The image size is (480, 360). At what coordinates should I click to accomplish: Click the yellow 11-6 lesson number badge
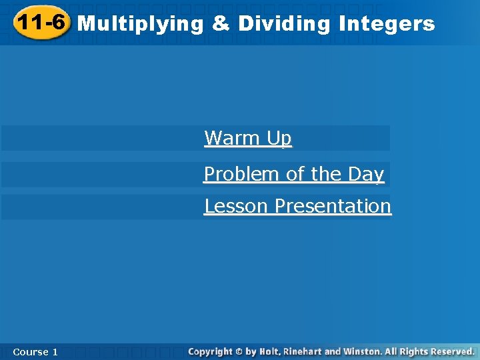tap(41, 23)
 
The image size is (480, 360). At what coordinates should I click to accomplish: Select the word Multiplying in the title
tap(141, 25)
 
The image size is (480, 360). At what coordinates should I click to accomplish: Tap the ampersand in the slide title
tap(221, 24)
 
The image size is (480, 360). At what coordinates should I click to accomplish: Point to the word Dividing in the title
tap(284, 25)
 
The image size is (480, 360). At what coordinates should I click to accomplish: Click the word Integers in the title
tap(387, 25)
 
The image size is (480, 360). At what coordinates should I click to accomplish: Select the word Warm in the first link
tap(233, 138)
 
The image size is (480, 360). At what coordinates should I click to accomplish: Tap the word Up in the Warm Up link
tap(279, 138)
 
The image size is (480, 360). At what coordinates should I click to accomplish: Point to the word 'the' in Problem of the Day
tap(326, 174)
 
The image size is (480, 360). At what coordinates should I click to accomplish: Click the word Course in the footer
tap(30, 351)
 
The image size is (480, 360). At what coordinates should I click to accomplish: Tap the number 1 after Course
tap(55, 351)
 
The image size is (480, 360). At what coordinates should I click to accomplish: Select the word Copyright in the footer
tap(210, 351)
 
